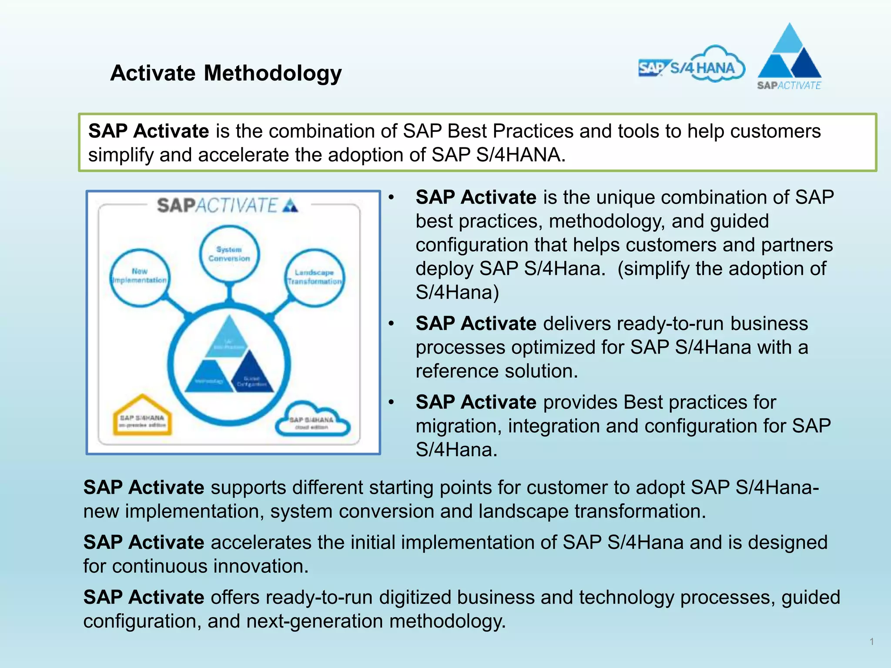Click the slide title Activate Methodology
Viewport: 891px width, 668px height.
point(226,73)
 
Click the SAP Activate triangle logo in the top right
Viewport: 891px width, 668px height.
point(789,57)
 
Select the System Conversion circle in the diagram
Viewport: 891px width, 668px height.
point(229,254)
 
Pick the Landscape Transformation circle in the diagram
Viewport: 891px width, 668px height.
point(314,277)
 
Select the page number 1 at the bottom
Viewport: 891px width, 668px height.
point(871,641)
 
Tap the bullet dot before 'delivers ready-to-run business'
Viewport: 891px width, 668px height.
point(391,324)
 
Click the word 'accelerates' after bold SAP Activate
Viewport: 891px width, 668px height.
point(261,542)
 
